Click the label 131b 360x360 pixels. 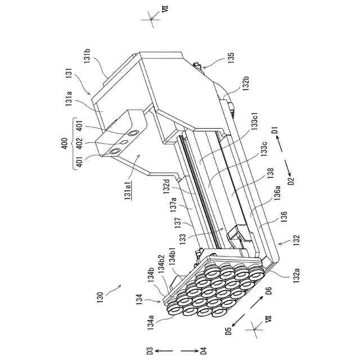(89, 58)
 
